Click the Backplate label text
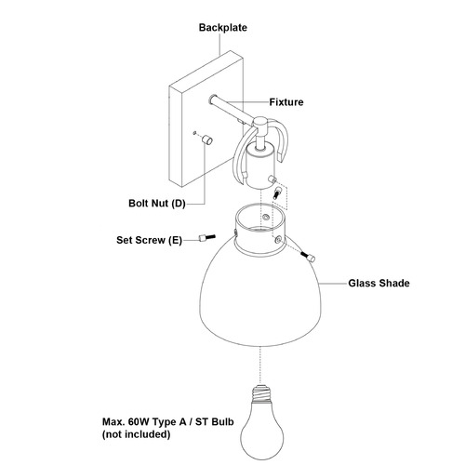[x=223, y=28]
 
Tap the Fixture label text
[x=286, y=102]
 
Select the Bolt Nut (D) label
[x=157, y=204]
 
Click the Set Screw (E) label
[x=149, y=240]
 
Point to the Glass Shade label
[x=379, y=283]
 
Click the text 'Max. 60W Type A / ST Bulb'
[x=168, y=421]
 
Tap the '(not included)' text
[x=137, y=434]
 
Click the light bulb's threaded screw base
[x=261, y=393]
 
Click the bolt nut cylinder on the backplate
[x=207, y=139]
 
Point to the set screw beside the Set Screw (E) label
[x=206, y=238]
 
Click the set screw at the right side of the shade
[x=308, y=257]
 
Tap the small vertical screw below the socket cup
[x=276, y=193]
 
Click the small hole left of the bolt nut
[x=194, y=133]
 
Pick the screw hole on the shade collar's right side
[x=278, y=239]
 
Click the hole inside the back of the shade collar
[x=265, y=217]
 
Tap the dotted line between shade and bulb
[x=259, y=365]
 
